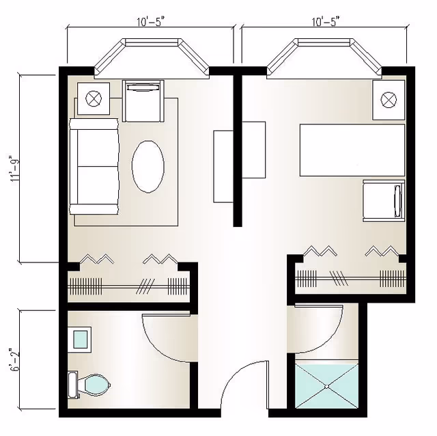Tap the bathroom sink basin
[82, 339]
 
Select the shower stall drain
[327, 386]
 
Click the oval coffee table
[148, 167]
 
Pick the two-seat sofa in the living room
[94, 167]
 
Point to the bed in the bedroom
[352, 150]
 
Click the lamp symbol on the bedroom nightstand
[389, 100]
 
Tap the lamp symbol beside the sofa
[94, 98]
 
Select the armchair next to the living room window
[143, 101]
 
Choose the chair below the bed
[384, 201]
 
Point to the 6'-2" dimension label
[14, 359]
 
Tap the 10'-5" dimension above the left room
[150, 21]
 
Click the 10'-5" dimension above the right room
[325, 21]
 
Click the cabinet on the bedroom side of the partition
[253, 150]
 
